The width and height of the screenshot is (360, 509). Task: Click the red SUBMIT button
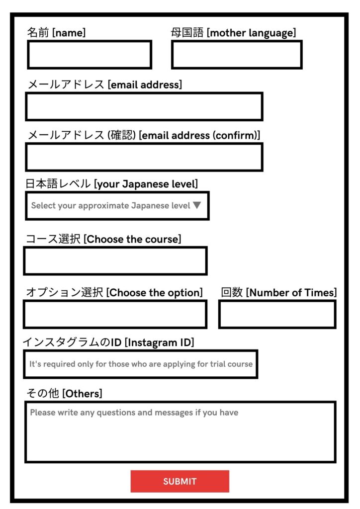point(180,481)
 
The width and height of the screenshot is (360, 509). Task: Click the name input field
point(90,55)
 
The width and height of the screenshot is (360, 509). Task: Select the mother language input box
point(237,55)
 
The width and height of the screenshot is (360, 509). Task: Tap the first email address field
point(144,106)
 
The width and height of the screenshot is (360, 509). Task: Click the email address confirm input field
point(144,157)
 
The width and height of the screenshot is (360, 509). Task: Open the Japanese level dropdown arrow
point(197,205)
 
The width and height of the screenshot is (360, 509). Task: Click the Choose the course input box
point(115,261)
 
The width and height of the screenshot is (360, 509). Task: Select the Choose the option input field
point(115,314)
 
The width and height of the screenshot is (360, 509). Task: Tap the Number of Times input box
point(277,314)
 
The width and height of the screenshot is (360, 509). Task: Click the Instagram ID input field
point(141,364)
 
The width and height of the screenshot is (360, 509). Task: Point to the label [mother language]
point(251,33)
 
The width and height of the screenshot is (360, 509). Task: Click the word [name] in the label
point(69,33)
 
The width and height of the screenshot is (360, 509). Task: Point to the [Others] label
point(82,394)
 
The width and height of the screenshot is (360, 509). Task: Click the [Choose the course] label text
point(132,239)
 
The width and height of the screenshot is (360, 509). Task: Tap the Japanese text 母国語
point(187,33)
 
